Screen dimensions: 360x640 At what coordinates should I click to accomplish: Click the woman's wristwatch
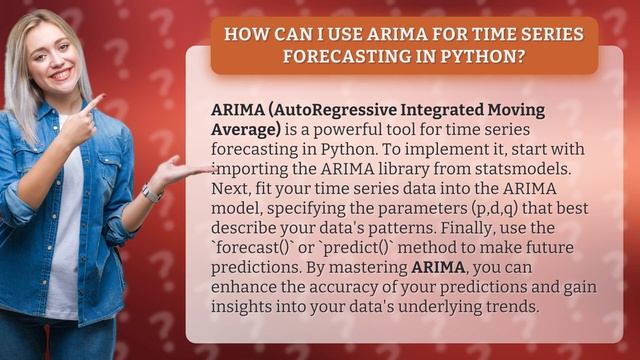[x=151, y=192]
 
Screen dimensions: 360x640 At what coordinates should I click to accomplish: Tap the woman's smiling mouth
[x=61, y=74]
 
